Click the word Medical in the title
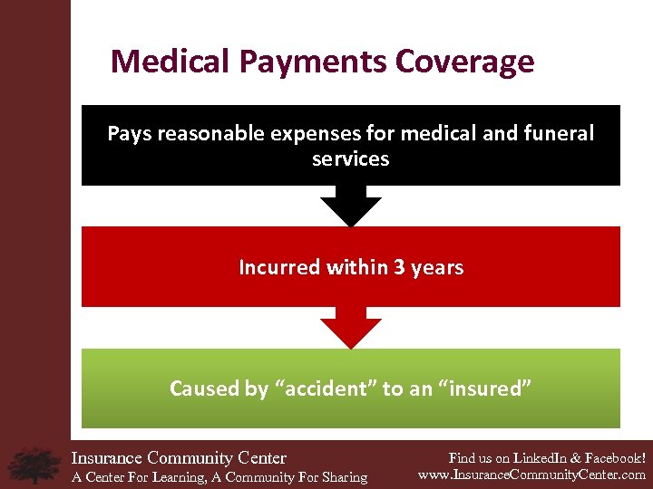coord(170,62)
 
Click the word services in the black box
coord(350,159)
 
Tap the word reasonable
coord(208,134)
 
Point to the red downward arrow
coord(350,330)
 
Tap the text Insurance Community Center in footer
coord(179,458)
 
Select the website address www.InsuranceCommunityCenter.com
coord(531,475)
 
